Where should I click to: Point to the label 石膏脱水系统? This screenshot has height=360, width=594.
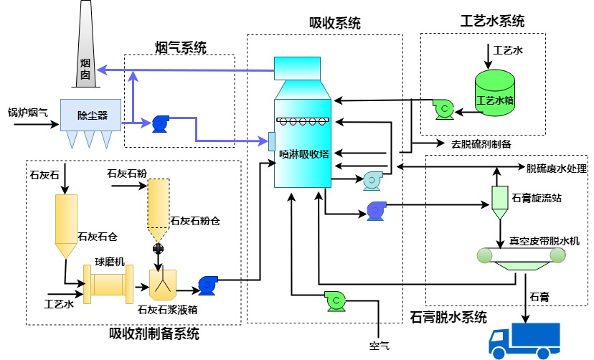[x=448, y=316]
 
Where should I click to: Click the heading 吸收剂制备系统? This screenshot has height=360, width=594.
[x=154, y=333]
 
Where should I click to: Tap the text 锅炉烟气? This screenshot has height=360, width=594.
[x=28, y=111]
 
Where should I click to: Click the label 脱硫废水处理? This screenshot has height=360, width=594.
[x=557, y=169]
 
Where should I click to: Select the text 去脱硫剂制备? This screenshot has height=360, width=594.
[x=481, y=143]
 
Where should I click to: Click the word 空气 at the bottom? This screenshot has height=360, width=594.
[x=379, y=346]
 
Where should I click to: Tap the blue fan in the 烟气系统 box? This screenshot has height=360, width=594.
[x=160, y=123]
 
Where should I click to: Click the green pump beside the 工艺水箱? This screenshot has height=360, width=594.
[x=443, y=108]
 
